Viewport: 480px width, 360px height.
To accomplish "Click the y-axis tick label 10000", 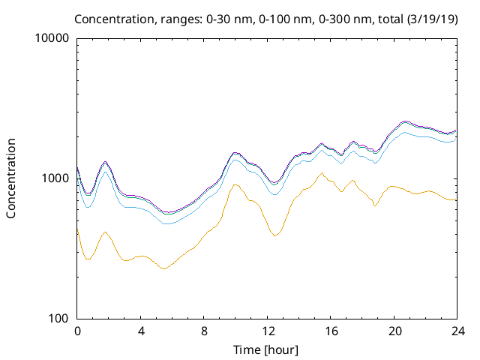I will click(x=52, y=39).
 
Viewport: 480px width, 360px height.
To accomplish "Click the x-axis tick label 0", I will click(x=77, y=331).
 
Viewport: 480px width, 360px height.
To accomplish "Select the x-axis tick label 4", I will click(x=141, y=331).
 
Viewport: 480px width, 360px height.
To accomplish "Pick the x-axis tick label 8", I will click(x=204, y=331).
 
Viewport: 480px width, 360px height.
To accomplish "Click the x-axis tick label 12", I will click(x=267, y=331).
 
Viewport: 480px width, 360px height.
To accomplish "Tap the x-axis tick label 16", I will click(x=330, y=331).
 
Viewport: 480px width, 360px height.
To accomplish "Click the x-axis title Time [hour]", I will click(x=267, y=349).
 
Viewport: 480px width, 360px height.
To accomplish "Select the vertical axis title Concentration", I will click(x=11, y=178).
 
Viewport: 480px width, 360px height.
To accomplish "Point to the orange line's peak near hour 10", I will click(x=235, y=184).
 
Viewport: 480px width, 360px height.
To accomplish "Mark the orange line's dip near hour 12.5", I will click(x=275, y=235).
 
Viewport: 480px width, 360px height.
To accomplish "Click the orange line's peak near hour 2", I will click(x=106, y=232).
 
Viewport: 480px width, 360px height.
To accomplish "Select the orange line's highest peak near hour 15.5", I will click(x=322, y=173).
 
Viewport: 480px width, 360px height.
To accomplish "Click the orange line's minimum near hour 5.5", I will click(x=163, y=268).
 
